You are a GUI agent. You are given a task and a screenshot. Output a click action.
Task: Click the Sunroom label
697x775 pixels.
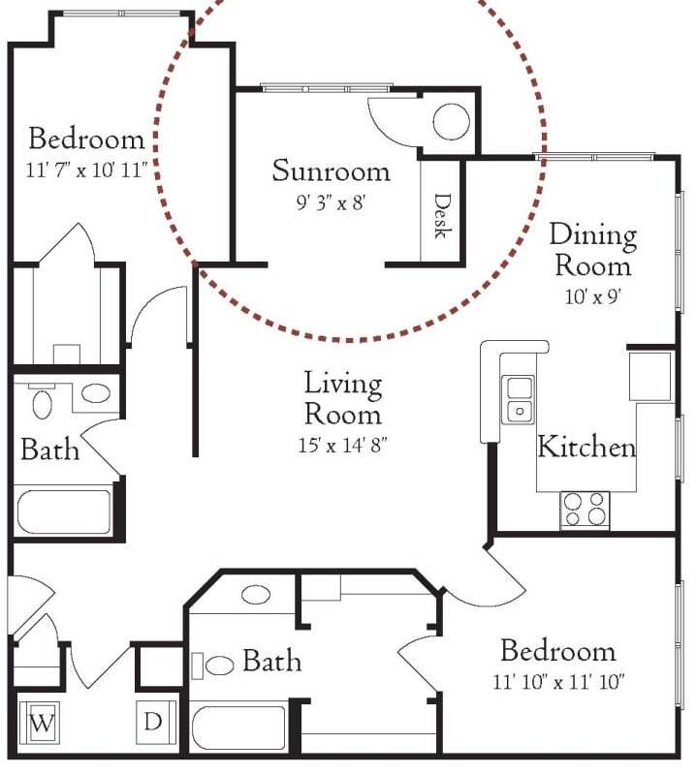tap(331, 172)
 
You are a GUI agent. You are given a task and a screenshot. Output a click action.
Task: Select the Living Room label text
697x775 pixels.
tap(342, 398)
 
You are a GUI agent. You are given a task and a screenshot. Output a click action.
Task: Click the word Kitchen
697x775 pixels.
tap(586, 448)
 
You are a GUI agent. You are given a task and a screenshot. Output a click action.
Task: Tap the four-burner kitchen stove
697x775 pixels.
tap(585, 509)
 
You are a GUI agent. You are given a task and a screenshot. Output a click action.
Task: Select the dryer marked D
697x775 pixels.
tap(153, 723)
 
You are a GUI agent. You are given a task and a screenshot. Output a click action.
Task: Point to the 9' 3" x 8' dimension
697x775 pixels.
tap(331, 205)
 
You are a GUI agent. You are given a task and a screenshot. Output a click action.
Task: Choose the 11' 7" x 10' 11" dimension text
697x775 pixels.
tap(86, 170)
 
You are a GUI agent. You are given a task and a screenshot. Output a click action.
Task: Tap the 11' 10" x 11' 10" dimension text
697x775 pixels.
tap(557, 682)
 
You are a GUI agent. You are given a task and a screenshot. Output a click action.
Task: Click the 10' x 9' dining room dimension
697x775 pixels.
tap(591, 296)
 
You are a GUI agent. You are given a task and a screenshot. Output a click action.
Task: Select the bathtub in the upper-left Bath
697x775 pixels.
tap(64, 511)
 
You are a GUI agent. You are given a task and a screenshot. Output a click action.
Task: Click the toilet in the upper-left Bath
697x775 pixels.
tap(42, 400)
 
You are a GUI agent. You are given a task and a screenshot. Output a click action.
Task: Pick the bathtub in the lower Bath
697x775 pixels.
tap(238, 728)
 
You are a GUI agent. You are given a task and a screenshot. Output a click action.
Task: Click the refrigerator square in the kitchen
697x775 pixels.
tap(649, 376)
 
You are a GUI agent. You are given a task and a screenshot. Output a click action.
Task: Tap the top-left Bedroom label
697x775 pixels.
tap(86, 138)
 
